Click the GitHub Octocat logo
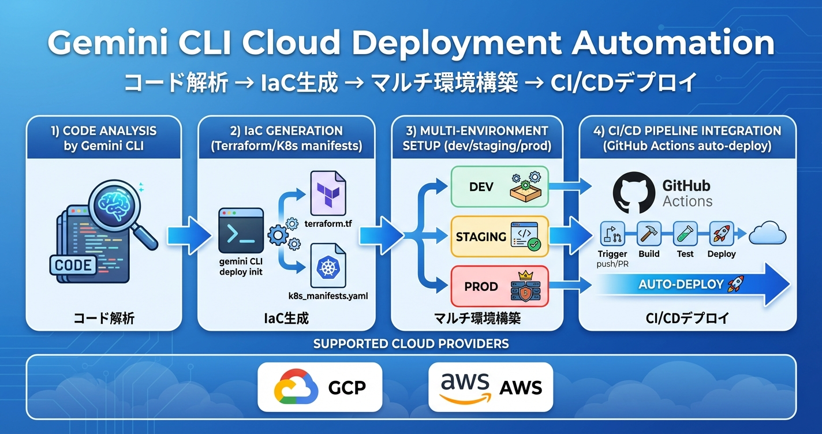[634, 192]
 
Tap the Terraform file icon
[328, 193]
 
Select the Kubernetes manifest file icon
[328, 265]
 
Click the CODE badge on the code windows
[73, 265]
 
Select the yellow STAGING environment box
[499, 237]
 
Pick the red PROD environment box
[499, 286]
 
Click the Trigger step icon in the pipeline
[612, 234]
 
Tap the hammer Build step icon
[649, 234]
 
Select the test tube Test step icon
[685, 234]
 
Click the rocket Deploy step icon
[721, 234]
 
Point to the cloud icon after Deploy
[767, 234]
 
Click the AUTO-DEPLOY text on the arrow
[681, 285]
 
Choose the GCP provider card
[320, 386]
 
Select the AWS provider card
[491, 386]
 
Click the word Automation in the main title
[673, 43]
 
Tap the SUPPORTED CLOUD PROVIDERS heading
[411, 344]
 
